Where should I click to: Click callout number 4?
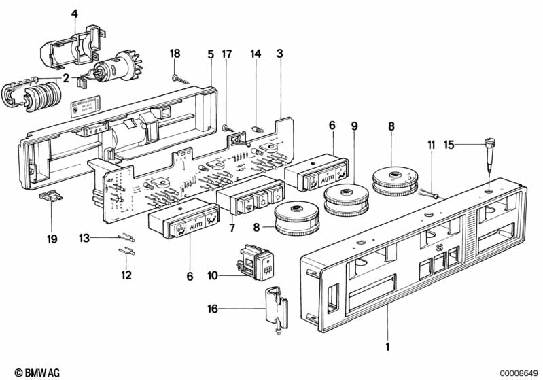(x=75, y=13)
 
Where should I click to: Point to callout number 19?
(x=52, y=239)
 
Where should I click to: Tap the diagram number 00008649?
(x=519, y=373)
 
